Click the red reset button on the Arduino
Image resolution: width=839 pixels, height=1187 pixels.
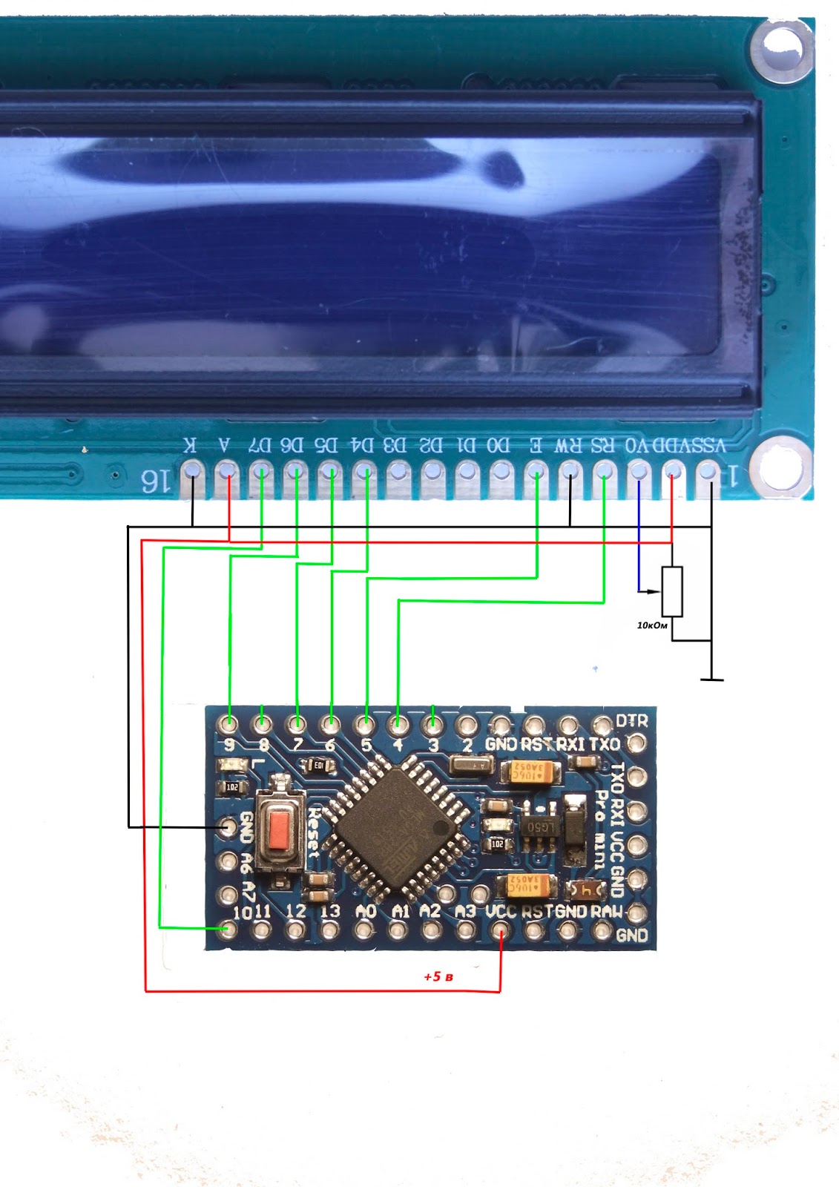point(280,829)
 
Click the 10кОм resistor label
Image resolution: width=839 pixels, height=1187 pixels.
point(652,625)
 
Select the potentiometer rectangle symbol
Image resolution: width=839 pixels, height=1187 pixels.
point(672,591)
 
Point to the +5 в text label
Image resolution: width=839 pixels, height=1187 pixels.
point(438,976)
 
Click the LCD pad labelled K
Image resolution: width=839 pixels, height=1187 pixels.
point(192,471)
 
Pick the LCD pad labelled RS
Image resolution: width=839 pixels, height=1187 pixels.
point(604,471)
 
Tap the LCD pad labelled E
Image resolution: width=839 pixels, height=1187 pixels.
point(536,471)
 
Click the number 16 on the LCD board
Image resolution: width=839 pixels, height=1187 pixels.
point(156,482)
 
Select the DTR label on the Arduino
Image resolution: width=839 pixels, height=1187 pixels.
point(631,721)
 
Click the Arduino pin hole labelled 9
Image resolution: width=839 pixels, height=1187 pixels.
point(229,723)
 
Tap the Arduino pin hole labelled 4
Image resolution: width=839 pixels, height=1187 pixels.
point(398,723)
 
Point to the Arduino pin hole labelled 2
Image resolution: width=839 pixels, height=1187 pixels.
point(467,724)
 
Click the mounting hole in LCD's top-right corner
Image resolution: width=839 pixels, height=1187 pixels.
point(783,50)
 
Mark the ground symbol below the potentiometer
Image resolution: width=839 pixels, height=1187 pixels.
point(711,678)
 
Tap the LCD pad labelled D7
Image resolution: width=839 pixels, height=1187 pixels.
point(260,471)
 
